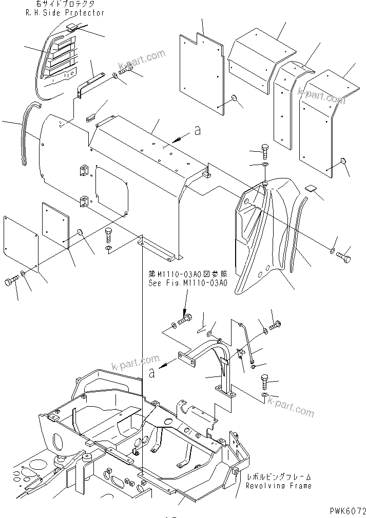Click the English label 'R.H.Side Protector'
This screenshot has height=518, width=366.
65,13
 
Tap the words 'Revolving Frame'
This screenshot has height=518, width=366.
278,485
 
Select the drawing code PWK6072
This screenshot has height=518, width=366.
344,511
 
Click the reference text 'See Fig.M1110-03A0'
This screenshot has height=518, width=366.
187,283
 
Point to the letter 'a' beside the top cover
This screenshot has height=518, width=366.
197,132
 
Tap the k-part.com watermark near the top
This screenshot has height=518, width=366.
142,59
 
